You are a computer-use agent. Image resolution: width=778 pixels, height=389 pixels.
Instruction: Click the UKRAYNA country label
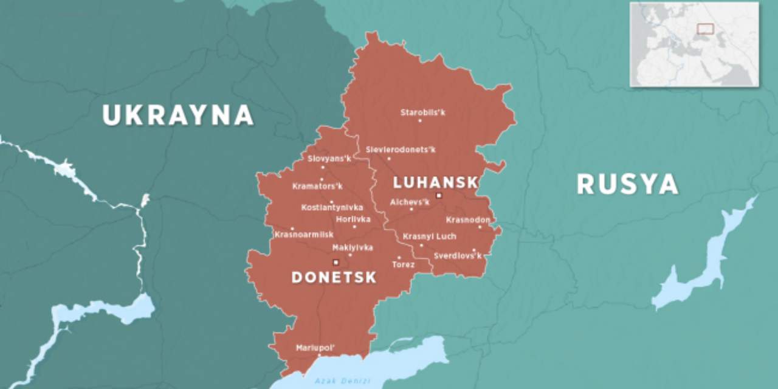tap(177, 115)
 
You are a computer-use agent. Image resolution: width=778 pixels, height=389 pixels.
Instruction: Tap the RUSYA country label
tap(627, 184)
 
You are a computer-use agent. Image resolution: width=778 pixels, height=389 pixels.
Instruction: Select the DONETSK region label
tap(334, 277)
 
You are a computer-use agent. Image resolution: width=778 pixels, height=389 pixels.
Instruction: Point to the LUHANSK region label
tap(436, 182)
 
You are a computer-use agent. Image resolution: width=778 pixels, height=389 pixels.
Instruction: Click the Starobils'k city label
tap(422, 112)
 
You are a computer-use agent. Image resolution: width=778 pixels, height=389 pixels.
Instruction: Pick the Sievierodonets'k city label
tap(400, 150)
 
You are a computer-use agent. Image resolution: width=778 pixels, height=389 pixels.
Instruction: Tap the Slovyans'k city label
tap(329, 159)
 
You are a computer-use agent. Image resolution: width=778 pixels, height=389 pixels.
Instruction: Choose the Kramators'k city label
tap(317, 186)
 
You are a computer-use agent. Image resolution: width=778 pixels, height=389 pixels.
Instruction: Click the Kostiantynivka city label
tap(332, 208)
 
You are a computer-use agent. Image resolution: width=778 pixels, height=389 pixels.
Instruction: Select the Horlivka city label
tap(353, 219)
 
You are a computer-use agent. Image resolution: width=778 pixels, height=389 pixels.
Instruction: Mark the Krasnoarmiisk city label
tap(304, 235)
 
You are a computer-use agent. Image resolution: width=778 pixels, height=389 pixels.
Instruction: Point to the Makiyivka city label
tap(353, 247)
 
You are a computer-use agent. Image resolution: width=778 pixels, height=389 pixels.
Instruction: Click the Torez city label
tap(404, 265)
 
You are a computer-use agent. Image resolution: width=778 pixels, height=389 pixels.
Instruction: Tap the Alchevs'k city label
tap(410, 202)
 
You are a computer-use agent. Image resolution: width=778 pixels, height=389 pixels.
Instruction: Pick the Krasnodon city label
tap(468, 219)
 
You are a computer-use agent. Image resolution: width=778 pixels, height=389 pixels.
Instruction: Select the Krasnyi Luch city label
tap(429, 236)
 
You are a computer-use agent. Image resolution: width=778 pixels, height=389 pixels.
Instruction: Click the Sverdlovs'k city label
tap(457, 256)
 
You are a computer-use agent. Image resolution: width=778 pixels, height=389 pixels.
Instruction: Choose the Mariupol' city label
tap(315, 348)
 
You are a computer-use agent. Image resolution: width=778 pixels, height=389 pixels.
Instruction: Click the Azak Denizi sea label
tap(334, 381)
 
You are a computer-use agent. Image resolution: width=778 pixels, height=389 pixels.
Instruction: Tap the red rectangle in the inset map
tap(705, 29)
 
